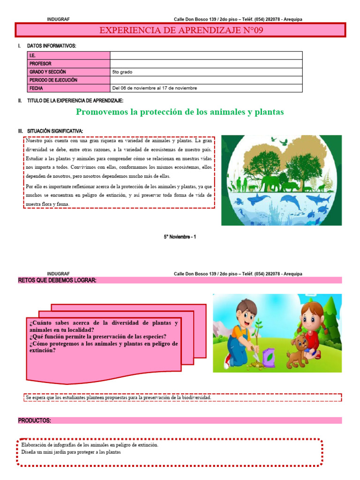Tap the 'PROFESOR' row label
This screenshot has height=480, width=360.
pos(40,64)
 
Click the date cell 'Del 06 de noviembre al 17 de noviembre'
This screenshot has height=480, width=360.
pos(155,88)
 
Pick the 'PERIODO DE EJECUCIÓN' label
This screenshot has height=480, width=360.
pos(53,80)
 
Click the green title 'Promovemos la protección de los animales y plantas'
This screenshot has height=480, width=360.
pos(180,112)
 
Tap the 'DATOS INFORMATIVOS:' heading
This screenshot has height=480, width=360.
pos(52,45)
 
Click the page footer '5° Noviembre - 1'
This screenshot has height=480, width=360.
pos(180,237)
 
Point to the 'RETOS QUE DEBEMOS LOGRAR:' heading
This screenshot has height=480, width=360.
pos(57,280)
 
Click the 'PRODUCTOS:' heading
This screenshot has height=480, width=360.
pos(35,420)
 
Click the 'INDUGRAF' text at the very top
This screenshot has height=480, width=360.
pos(59,19)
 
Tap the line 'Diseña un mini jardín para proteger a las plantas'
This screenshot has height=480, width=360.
pos(71,452)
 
